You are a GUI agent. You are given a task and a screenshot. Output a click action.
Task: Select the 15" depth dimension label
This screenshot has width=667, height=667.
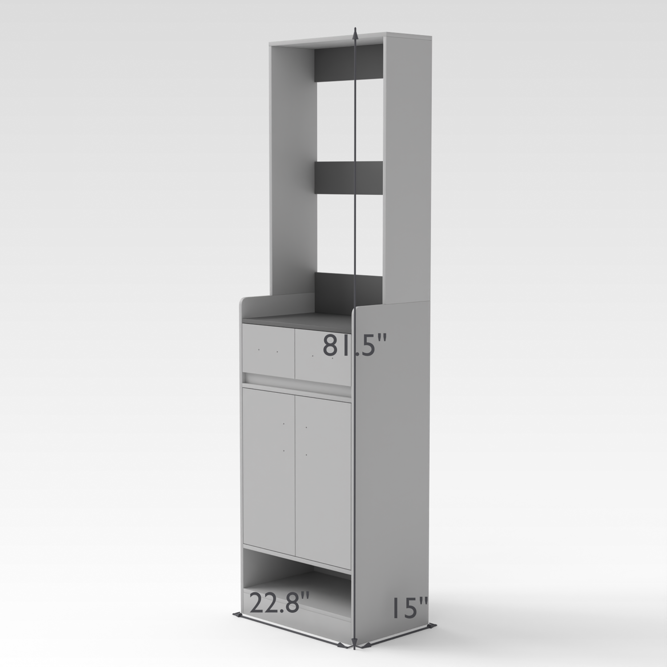tap(409, 607)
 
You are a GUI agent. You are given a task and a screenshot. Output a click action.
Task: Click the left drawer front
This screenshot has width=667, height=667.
tap(269, 349)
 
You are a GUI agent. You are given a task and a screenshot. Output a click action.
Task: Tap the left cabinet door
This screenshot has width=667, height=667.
tap(269, 470)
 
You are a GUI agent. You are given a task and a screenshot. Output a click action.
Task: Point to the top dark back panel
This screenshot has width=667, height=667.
tap(348, 65)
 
